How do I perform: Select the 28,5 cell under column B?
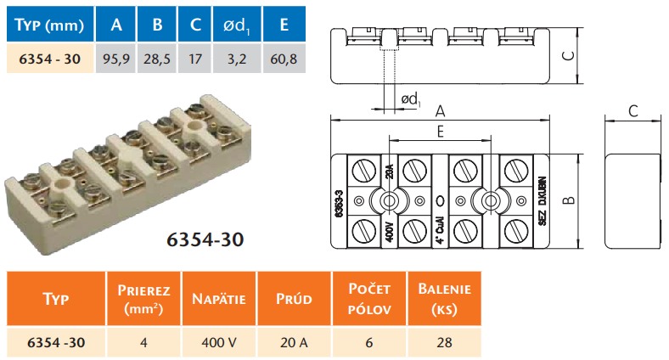tap(158, 60)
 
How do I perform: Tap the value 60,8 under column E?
tap(283, 60)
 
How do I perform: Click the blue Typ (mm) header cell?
tap(48, 25)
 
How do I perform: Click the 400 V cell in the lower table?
tap(219, 343)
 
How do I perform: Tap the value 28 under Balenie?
tap(444, 343)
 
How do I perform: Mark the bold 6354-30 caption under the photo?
tap(202, 239)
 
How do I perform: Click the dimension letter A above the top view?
tap(440, 111)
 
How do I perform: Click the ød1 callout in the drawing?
tap(409, 100)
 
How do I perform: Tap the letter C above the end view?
tap(632, 111)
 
